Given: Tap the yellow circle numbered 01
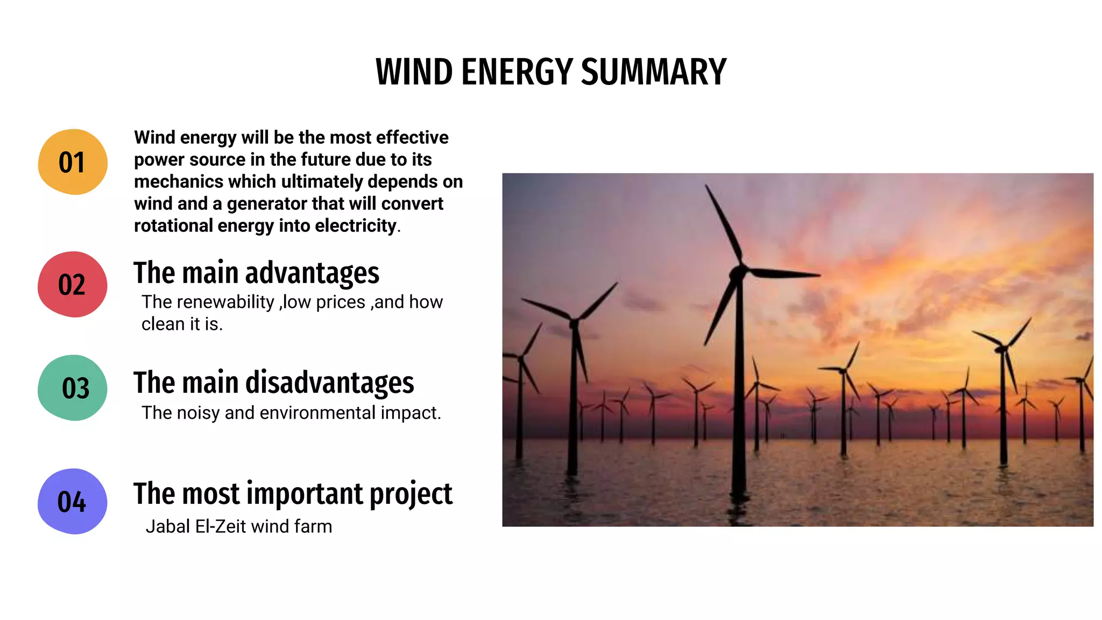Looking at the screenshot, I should (x=73, y=162).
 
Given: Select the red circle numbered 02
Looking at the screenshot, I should (x=72, y=284).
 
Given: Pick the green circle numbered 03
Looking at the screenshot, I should (x=73, y=387).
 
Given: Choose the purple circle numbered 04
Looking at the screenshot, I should (x=72, y=501).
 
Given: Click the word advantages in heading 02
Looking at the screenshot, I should (x=312, y=273).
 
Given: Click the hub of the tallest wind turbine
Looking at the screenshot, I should (x=738, y=272).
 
